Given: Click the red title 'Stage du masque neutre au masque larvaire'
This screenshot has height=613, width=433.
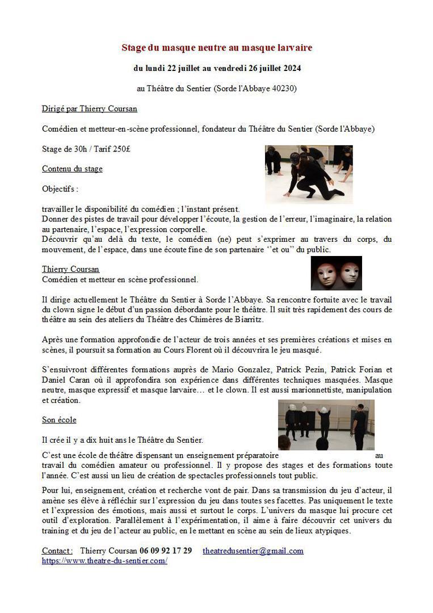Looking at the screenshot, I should click(217, 48).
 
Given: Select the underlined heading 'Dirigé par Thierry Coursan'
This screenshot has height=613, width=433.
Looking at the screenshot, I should click(89, 109).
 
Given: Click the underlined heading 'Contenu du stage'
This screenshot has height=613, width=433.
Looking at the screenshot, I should click(72, 169).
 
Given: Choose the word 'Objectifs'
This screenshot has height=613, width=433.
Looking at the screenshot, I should click(59, 188).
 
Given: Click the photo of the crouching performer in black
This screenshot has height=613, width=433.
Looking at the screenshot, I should click(309, 174).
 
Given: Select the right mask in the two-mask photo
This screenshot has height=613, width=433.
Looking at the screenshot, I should click(350, 272).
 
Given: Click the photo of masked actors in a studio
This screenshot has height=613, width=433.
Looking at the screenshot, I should click(326, 425).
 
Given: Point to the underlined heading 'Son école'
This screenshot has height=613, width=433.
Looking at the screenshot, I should click(59, 419).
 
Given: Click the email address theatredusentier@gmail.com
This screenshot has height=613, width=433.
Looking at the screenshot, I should click(253, 551).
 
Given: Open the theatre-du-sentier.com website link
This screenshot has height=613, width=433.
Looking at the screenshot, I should click(104, 560).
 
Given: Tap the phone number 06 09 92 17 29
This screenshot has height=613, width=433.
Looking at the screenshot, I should click(166, 551).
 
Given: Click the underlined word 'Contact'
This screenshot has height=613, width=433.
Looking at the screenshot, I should click(57, 551).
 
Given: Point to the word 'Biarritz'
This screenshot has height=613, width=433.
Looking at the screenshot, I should click(245, 320).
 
